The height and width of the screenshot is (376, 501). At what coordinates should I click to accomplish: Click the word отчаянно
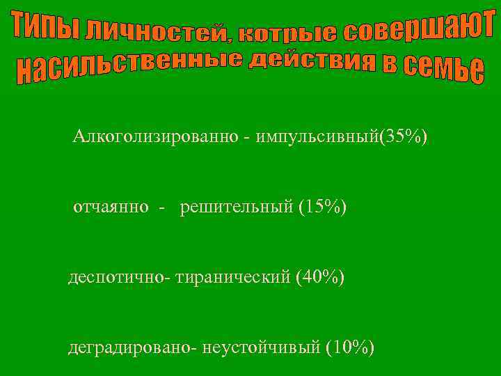111,207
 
